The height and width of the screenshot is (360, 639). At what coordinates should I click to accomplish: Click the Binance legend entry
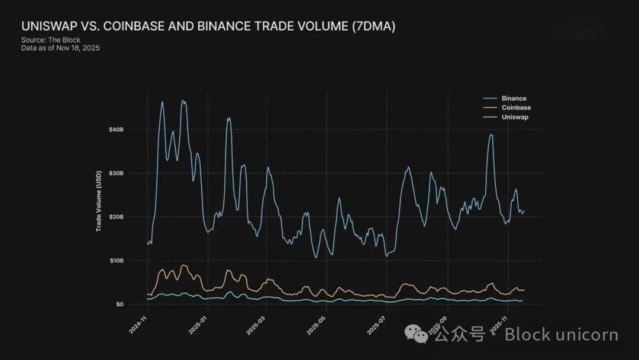[514, 98]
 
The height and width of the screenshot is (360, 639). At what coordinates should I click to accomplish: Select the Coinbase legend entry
[516, 108]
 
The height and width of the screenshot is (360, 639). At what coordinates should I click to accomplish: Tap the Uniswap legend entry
[515, 117]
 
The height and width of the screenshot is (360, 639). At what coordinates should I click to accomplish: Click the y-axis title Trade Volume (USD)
[99, 201]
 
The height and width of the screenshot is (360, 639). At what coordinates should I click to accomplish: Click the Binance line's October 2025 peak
[490, 135]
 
